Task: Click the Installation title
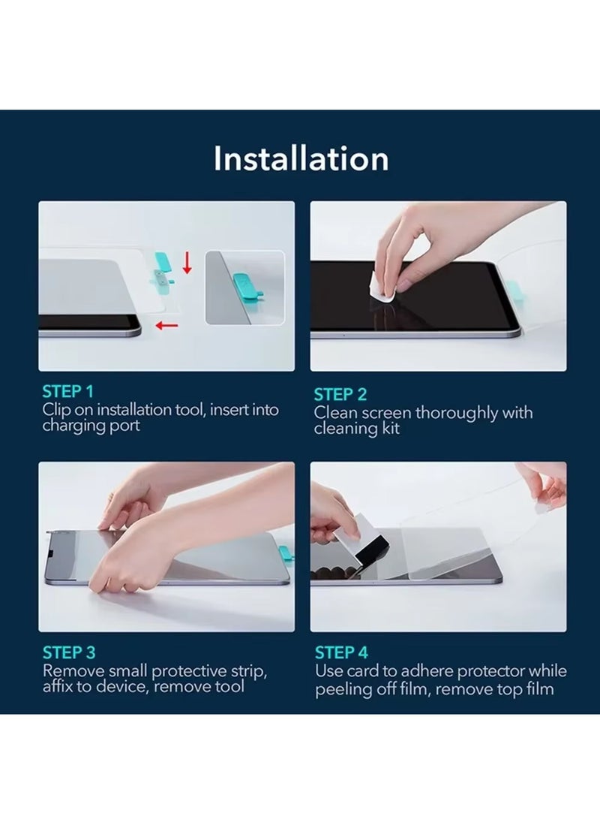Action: (x=301, y=159)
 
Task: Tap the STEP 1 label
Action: (x=68, y=392)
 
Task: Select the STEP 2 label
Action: (x=340, y=395)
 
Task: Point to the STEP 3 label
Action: (x=69, y=652)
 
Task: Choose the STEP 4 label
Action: (x=341, y=652)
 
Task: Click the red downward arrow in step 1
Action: (x=187, y=263)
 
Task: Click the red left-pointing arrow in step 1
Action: (x=168, y=325)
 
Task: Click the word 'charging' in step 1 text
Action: (x=73, y=426)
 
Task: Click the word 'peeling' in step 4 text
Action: (x=342, y=689)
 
